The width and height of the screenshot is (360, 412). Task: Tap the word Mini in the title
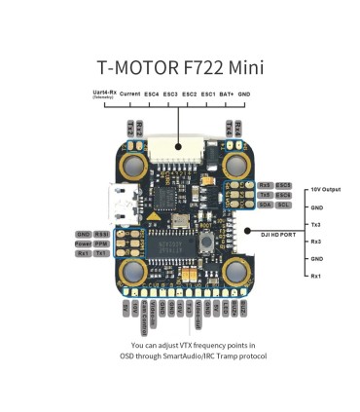(246, 68)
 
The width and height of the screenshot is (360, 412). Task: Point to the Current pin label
(129, 94)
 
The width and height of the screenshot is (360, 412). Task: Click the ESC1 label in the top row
(208, 94)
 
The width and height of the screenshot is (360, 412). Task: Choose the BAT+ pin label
(228, 94)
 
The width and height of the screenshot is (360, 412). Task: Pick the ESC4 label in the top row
(152, 94)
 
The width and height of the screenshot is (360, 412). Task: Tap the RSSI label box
(101, 235)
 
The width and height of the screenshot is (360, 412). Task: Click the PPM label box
(101, 243)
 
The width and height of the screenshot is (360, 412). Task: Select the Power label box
(83, 243)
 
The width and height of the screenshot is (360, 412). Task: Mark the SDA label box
(266, 206)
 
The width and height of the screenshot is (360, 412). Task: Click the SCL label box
(283, 206)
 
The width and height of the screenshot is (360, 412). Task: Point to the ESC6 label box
(283, 185)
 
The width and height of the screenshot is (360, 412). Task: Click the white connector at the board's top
(180, 147)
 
